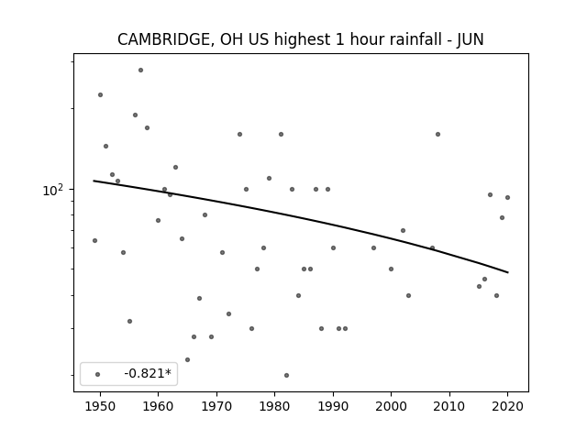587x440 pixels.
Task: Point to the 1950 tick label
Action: pyautogui.click(x=100, y=406)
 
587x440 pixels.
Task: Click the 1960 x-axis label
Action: pyautogui.click(x=158, y=406)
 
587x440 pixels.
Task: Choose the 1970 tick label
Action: pyautogui.click(x=216, y=406)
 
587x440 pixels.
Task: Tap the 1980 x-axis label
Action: pyautogui.click(x=274, y=406)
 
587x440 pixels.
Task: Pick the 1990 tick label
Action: pyautogui.click(x=333, y=406)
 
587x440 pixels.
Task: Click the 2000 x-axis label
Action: pyautogui.click(x=391, y=406)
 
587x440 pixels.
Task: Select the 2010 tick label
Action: pyautogui.click(x=449, y=406)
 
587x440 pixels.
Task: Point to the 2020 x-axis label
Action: pyautogui.click(x=507, y=406)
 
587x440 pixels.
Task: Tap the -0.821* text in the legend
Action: pyautogui.click(x=148, y=373)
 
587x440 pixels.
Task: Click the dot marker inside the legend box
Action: pyautogui.click(x=98, y=374)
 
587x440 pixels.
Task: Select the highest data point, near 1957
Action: pyautogui.click(x=140, y=70)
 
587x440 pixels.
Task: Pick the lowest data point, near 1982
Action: pyautogui.click(x=286, y=375)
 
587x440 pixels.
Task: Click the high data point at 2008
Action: pyautogui.click(x=437, y=135)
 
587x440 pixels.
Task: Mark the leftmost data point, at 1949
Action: pyautogui.click(x=94, y=240)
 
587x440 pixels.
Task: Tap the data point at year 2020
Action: pyautogui.click(x=507, y=198)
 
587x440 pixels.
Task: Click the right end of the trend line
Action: pyautogui.click(x=508, y=272)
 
